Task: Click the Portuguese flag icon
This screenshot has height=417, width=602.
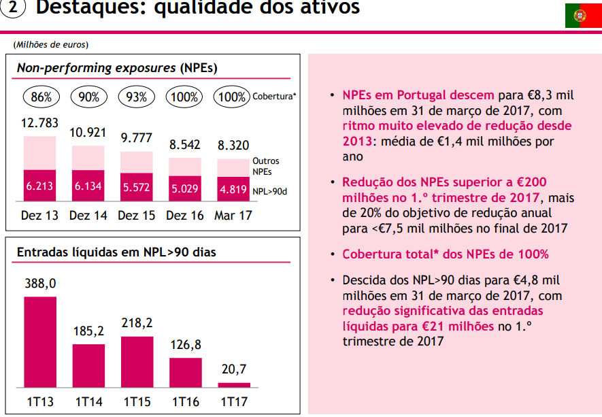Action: (583, 15)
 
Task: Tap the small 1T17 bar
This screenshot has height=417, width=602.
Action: (234, 384)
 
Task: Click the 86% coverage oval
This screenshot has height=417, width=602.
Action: (41, 97)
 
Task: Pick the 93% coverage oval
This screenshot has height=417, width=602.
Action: (137, 97)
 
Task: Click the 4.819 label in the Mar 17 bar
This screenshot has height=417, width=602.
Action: (233, 190)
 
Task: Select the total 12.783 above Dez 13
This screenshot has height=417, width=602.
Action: (39, 124)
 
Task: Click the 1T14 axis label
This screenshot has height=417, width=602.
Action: (88, 402)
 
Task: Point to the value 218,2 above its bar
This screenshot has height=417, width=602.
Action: (137, 322)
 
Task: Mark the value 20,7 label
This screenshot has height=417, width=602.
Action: (233, 369)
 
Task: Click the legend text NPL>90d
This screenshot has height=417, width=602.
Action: (270, 192)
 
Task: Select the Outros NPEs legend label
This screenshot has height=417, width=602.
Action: (265, 166)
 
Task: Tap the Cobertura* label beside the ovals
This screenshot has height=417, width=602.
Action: (274, 97)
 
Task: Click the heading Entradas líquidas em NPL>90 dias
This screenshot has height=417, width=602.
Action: (116, 252)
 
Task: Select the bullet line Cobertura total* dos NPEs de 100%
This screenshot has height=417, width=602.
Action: (445, 254)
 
